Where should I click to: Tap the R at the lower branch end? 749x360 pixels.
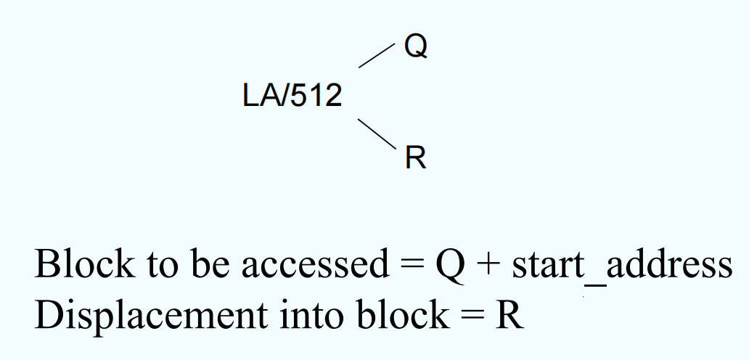[416, 157]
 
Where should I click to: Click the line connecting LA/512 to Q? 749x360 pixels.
[377, 56]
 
